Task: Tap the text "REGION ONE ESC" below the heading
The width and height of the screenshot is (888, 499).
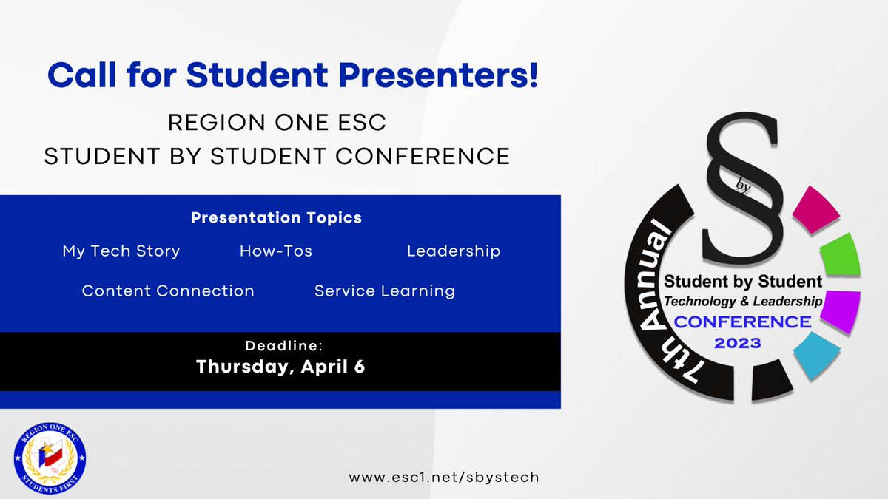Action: click(277, 122)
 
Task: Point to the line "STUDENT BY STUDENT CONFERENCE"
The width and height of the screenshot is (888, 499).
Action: click(277, 156)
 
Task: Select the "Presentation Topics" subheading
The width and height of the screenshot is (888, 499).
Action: click(276, 218)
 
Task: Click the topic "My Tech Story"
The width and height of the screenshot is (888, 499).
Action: click(121, 251)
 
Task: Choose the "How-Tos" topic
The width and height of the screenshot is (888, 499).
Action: click(276, 251)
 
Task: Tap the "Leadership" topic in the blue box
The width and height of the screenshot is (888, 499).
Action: click(454, 251)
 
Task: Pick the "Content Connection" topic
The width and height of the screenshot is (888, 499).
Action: click(168, 291)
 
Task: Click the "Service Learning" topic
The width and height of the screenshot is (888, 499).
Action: click(385, 291)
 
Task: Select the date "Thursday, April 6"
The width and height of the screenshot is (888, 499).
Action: click(280, 367)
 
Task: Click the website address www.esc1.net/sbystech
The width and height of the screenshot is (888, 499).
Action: click(444, 477)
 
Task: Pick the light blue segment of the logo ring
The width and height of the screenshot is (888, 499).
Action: click(816, 354)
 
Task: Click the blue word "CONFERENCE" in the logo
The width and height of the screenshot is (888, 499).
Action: click(741, 322)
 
